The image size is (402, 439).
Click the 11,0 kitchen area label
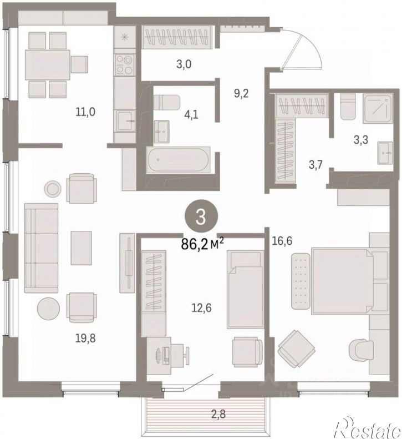click(x=85, y=112)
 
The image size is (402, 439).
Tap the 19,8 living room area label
click(x=85, y=339)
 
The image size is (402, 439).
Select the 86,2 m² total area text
click(x=202, y=244)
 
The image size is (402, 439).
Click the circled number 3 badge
click(x=201, y=218)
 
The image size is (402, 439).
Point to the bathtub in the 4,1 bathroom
click(x=178, y=160)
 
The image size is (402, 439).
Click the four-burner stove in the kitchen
click(x=124, y=64)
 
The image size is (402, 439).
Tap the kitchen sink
click(x=126, y=120)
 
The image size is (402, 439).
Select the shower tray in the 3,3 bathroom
click(x=378, y=109)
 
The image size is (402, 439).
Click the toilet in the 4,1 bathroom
click(x=167, y=103)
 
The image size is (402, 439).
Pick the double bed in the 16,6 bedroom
click(x=343, y=281)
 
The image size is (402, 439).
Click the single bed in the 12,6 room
click(x=245, y=290)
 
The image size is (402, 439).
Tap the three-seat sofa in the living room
click(x=41, y=248)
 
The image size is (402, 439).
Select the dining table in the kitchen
click(x=48, y=65)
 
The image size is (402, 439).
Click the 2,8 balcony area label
click(x=218, y=414)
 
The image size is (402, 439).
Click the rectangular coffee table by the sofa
click(x=81, y=248)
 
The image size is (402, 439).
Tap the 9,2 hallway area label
click(x=241, y=93)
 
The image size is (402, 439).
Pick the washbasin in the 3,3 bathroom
click(x=385, y=153)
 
